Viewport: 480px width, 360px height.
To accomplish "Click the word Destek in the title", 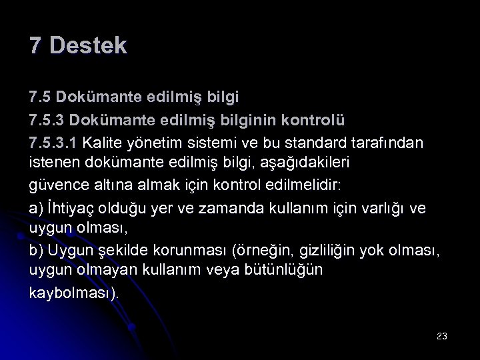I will coord(88,46).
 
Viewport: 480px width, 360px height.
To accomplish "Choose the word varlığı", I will coord(380,208).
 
